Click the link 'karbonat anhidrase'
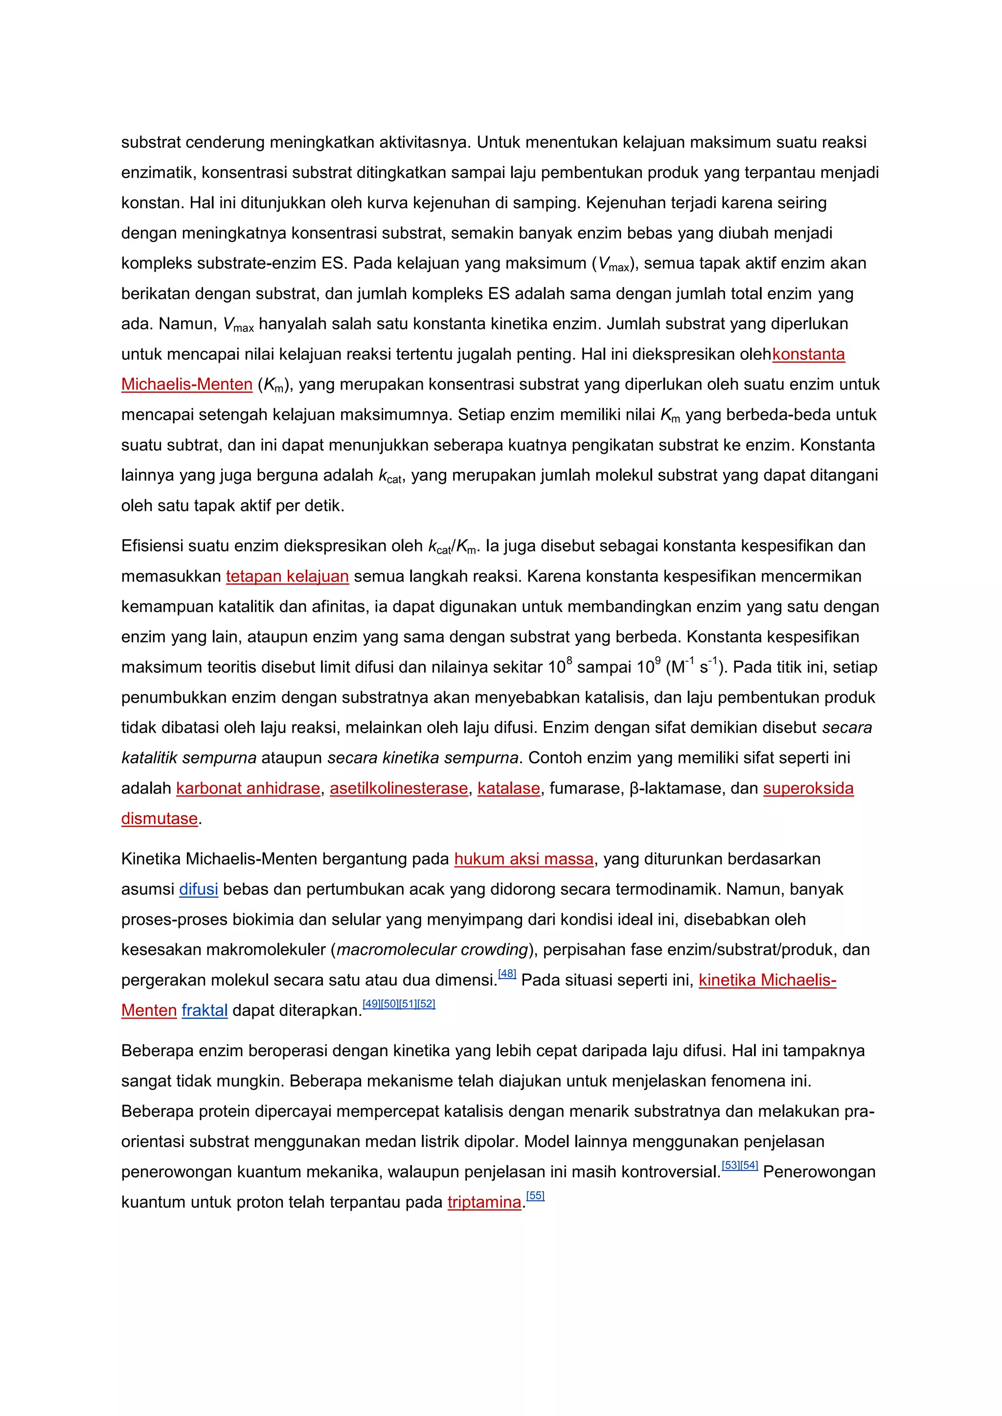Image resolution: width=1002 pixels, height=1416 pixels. [248, 789]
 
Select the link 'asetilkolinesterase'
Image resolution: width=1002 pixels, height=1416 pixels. [399, 789]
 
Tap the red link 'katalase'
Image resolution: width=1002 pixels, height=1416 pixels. [508, 789]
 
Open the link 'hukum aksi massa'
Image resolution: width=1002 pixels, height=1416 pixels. [524, 859]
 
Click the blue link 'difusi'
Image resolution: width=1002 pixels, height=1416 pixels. [198, 889]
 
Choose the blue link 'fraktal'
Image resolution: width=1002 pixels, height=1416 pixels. [204, 1011]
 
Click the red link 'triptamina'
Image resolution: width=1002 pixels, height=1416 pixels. [484, 1203]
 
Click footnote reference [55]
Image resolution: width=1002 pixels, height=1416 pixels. [536, 1196]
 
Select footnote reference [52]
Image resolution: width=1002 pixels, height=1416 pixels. [426, 1004]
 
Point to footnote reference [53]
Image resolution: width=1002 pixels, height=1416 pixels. [731, 1166]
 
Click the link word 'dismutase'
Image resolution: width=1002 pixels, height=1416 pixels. [159, 819]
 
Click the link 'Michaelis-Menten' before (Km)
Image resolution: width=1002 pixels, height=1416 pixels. [187, 385]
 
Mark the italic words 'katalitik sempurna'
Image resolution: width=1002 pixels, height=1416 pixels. [189, 758]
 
